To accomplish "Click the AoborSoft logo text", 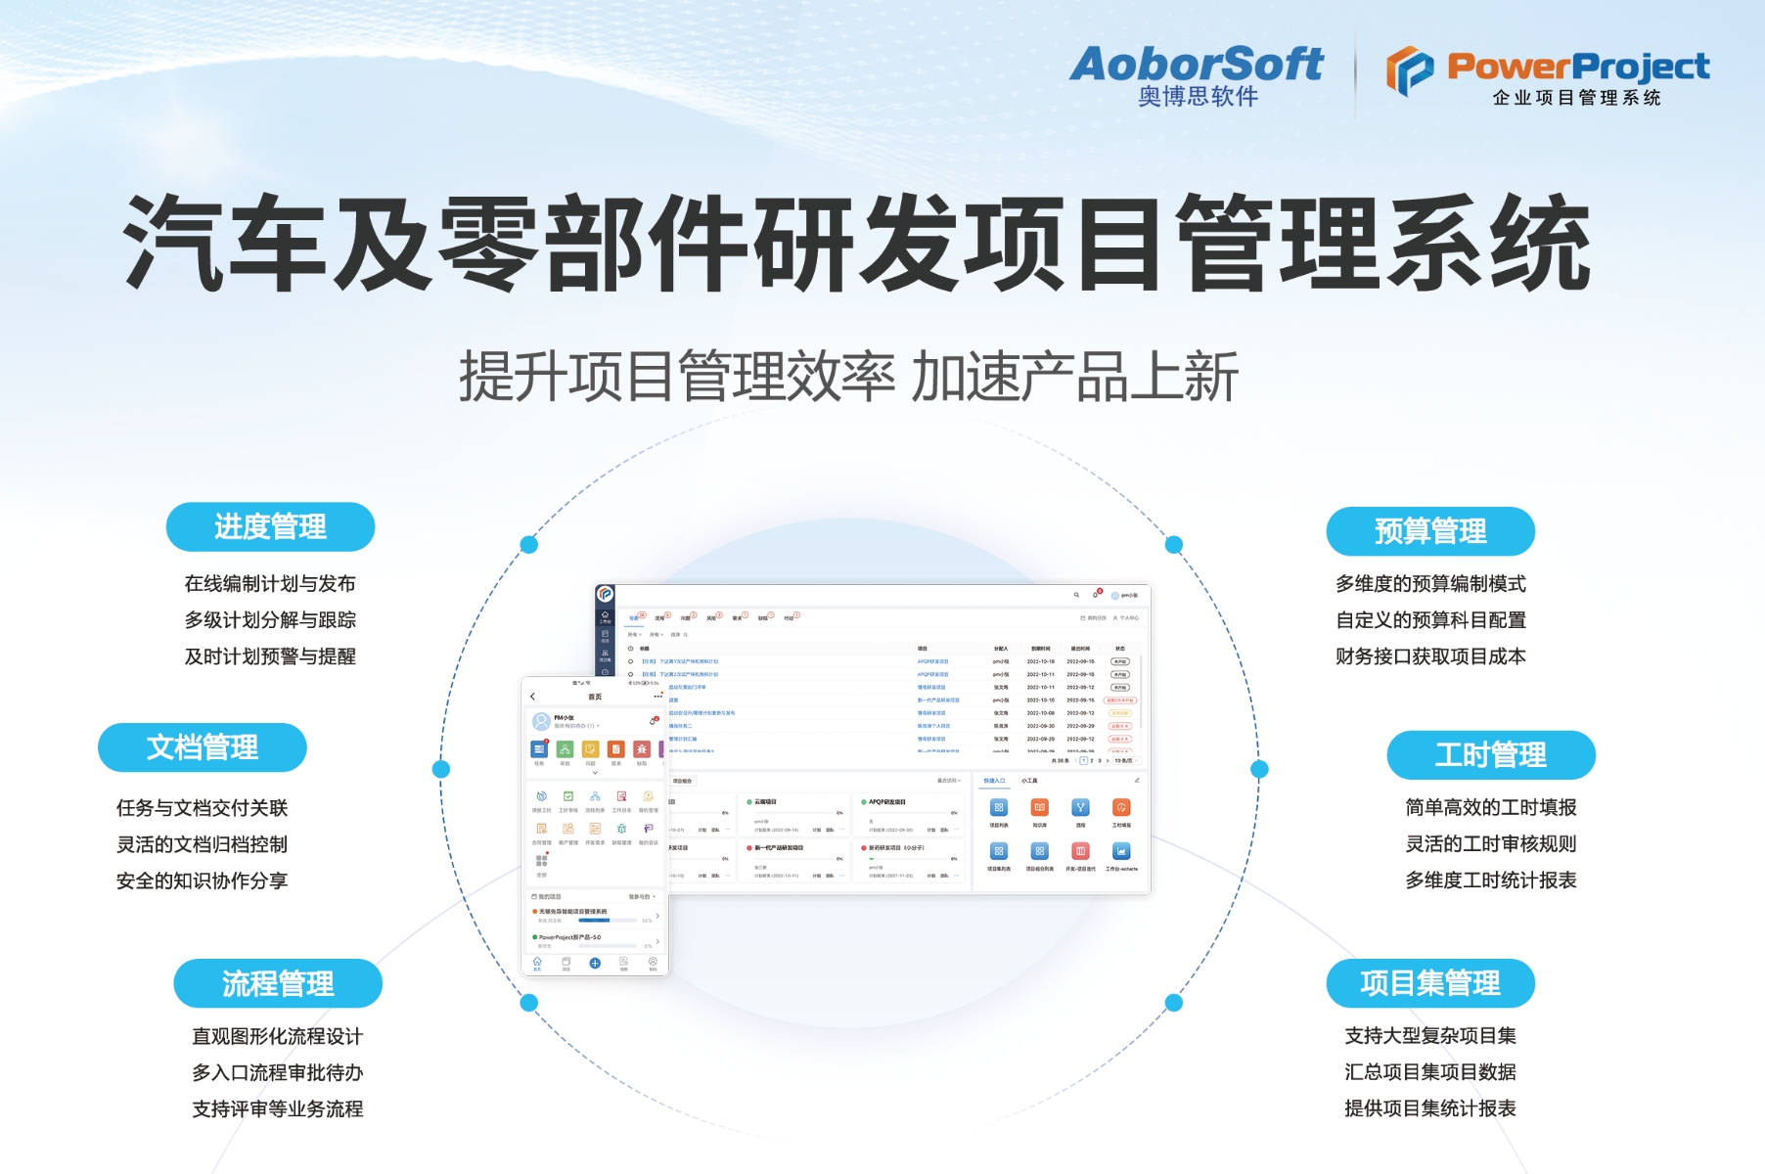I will pos(1196,65).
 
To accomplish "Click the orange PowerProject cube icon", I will pos(1409,70).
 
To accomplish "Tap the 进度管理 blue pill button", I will pos(270,527).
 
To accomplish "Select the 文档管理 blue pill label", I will pos(203,747).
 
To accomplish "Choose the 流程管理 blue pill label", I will pos(278,983).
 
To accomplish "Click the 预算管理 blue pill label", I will pos(1430,531).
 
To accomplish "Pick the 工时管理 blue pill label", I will pos(1490,755).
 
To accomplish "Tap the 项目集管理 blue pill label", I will pos(1429,983).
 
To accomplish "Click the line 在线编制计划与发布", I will pos(270,584).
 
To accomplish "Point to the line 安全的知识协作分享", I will pos(202,880).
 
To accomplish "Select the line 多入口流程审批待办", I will pos(278,1072).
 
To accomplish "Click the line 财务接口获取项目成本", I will pos(1430,656).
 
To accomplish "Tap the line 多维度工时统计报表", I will pos(1490,880).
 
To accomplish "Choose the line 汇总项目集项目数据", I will pos(1429,1072).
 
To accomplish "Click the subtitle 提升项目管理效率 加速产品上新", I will pos(848,378).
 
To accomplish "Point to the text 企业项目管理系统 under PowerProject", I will pos(1576,98).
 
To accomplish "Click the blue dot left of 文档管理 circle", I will pos(441,769).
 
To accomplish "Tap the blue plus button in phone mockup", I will pos(595,964).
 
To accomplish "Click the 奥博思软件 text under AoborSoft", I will pos(1198,97).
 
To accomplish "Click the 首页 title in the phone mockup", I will pos(595,697).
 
